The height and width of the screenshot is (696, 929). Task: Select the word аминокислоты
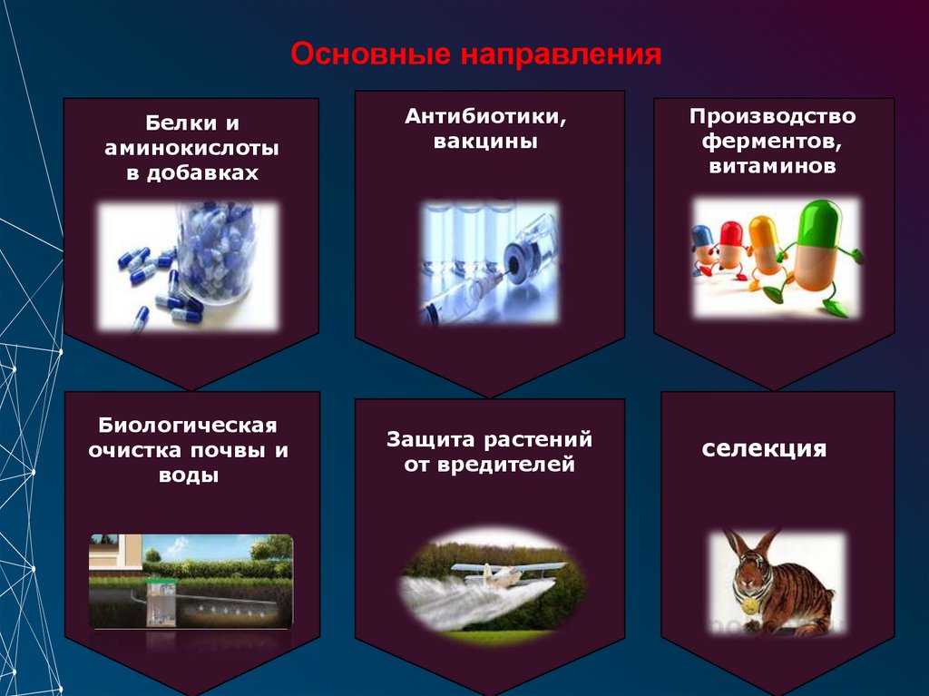pos(191,147)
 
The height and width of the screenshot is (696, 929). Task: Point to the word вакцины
pos(485,142)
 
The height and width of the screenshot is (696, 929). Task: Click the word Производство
pos(772,116)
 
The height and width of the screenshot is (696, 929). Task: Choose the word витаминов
pos(772,167)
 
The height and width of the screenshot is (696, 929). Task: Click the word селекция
pos(764,449)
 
